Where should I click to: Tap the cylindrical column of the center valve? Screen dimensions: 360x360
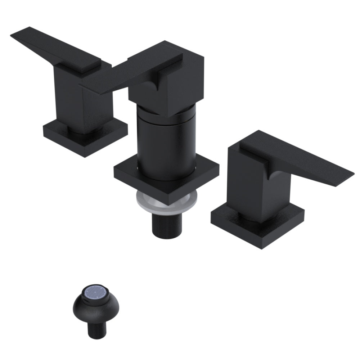(166, 144)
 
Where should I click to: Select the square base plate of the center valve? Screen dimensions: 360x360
(166, 178)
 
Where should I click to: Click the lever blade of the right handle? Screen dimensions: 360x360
(306, 158)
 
